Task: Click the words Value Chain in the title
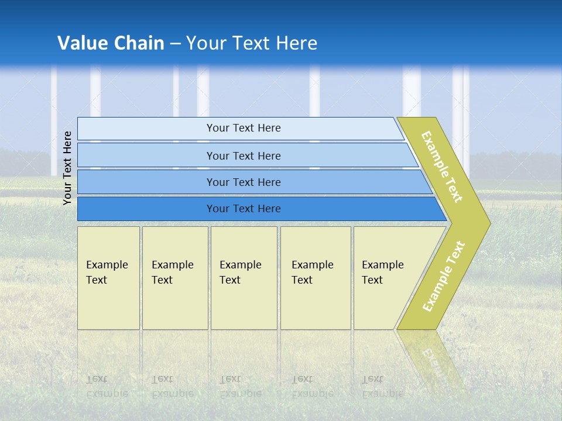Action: pyautogui.click(x=111, y=43)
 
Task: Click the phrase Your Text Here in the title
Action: pyautogui.click(x=252, y=43)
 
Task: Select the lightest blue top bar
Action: pyautogui.click(x=146, y=128)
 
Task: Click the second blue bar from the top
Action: pyautogui.click(x=146, y=156)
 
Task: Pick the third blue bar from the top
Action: pyautogui.click(x=146, y=182)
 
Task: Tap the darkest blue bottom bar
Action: pyautogui.click(x=146, y=209)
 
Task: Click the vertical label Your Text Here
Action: pyautogui.click(x=68, y=168)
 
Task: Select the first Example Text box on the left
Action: pyautogui.click(x=108, y=278)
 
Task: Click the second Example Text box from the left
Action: pyautogui.click(x=174, y=278)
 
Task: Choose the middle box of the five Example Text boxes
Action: pyautogui.click(x=244, y=278)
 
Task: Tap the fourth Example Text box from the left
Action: pyautogui.click(x=316, y=278)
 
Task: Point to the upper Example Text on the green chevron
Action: pyautogui.click(x=442, y=167)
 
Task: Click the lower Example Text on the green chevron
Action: pyautogui.click(x=443, y=276)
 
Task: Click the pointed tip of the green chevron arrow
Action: pyautogui.click(x=486, y=223)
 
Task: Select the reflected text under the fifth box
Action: pyautogui.click(x=382, y=386)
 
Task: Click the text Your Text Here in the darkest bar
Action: pyautogui.click(x=244, y=209)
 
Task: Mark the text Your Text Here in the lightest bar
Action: pyautogui.click(x=244, y=128)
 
